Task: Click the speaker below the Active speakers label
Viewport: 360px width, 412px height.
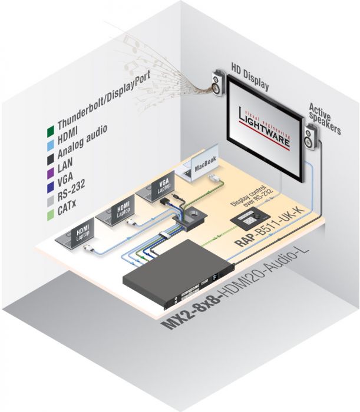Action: [311, 139]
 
